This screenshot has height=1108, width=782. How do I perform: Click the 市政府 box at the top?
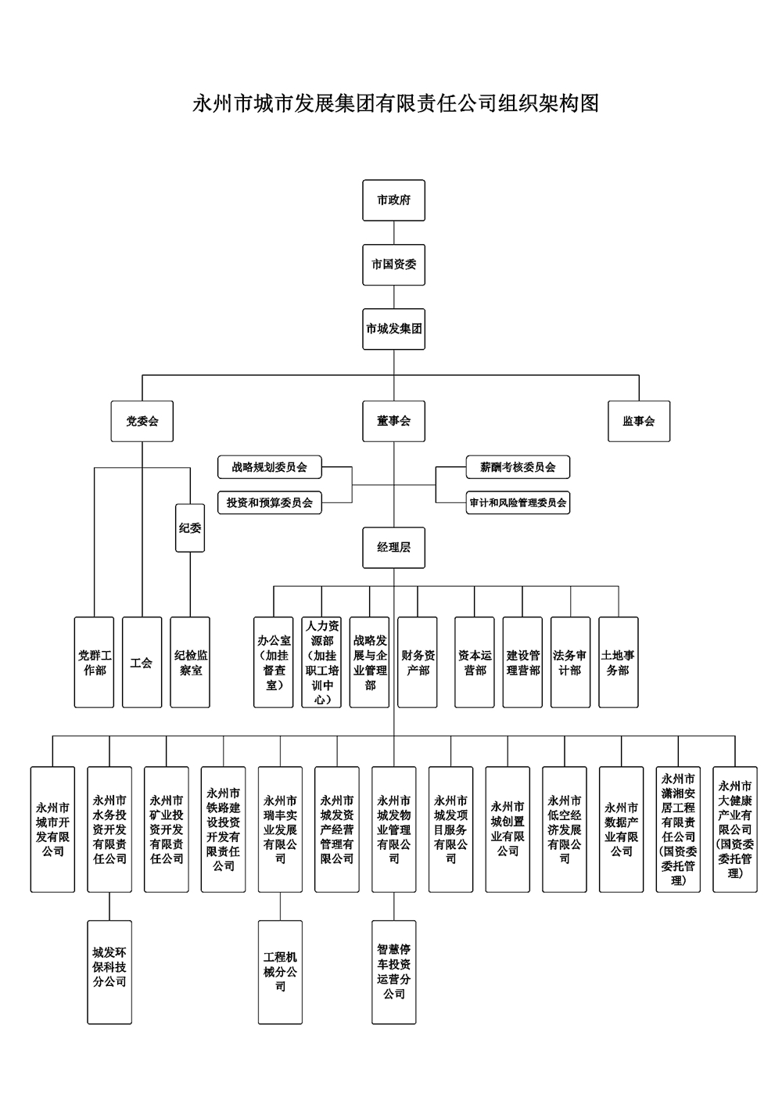(393, 200)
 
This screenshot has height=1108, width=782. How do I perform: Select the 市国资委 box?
(393, 264)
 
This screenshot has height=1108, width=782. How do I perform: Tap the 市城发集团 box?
(393, 329)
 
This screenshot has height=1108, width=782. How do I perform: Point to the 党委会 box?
(142, 421)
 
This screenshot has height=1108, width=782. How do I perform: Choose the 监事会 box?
(639, 421)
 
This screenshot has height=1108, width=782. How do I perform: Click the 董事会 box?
(393, 421)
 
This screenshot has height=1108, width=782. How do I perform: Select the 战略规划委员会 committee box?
(270, 467)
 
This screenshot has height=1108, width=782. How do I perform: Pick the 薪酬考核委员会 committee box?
(518, 467)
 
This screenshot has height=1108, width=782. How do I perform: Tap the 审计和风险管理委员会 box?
(518, 503)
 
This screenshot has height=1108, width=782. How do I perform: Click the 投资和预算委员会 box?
(270, 503)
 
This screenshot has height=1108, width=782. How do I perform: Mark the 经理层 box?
(393, 548)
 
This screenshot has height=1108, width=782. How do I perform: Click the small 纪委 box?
(190, 528)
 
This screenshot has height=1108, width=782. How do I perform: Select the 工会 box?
(142, 663)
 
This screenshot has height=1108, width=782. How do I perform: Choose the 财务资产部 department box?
(418, 663)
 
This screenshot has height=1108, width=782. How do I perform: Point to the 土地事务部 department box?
(618, 663)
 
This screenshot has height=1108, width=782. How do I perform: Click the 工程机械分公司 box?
(280, 972)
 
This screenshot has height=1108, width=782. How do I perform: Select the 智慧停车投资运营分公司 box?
(394, 972)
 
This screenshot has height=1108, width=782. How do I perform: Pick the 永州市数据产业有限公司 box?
(622, 829)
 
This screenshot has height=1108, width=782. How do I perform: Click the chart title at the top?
(396, 103)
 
